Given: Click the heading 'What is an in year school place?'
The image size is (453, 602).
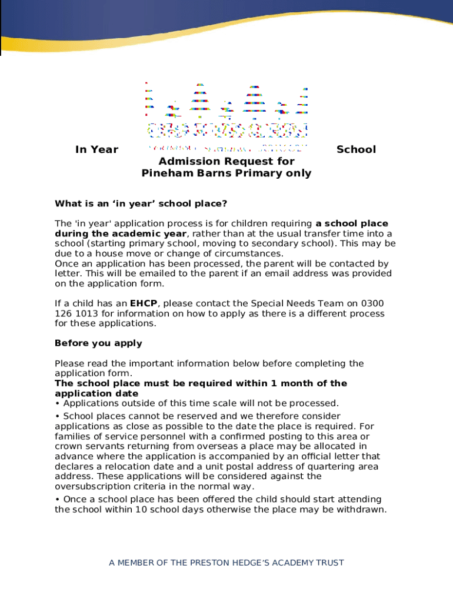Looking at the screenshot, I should click(141, 204).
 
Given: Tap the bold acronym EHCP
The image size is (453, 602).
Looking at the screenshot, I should click(144, 303).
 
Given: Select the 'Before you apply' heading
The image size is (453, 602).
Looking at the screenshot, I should click(98, 343).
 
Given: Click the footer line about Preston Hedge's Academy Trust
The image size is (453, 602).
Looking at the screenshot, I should click(226, 563).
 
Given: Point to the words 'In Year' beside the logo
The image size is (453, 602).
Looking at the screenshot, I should click(96, 150).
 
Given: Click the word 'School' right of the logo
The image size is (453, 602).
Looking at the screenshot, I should click(356, 150).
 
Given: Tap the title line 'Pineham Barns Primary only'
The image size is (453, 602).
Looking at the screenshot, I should click(226, 173).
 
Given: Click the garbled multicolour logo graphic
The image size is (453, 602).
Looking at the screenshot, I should click(226, 115).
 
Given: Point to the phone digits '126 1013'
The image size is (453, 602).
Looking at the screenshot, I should click(74, 313).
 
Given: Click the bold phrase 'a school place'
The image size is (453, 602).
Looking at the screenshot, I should click(352, 224).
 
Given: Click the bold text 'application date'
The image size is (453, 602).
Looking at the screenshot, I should click(96, 393).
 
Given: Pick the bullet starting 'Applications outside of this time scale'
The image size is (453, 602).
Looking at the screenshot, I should click(197, 403).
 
